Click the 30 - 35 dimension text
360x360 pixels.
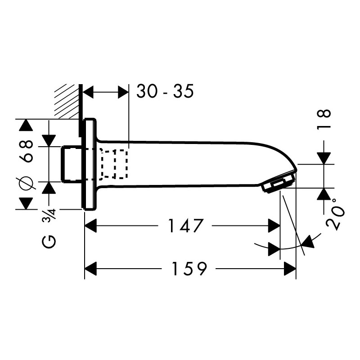click(165, 91)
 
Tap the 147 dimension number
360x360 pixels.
click(186, 226)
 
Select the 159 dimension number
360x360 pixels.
click(189, 268)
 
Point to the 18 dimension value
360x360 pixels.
click(324, 120)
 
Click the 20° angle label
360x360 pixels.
click(335, 215)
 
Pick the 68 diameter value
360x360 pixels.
click(26, 152)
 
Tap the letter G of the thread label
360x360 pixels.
click(49, 242)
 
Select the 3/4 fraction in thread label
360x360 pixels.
click(49, 215)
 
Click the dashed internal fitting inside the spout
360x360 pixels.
click(114, 164)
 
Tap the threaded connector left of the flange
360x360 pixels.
click(71, 164)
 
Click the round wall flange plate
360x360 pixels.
click(90, 164)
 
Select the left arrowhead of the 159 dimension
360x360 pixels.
click(91, 268)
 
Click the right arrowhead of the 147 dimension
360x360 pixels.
click(274, 226)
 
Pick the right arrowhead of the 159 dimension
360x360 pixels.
click(290, 268)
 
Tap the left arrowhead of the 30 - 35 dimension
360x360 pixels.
click(88, 92)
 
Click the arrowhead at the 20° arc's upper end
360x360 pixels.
click(308, 242)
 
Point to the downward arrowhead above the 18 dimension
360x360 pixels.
click(324, 158)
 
